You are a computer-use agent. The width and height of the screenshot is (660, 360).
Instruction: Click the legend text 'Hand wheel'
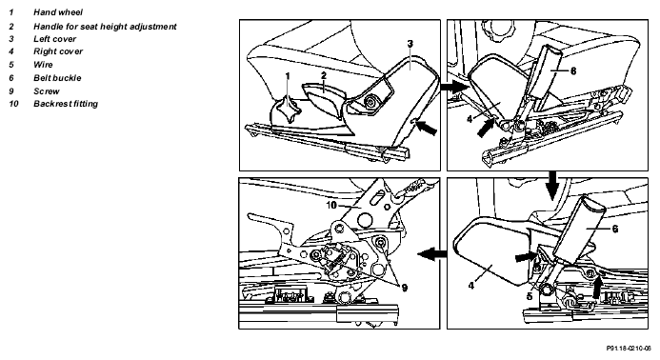[58, 12]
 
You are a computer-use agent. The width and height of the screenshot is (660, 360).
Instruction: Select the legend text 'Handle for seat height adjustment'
[105, 27]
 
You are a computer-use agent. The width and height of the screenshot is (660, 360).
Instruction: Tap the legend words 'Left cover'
[54, 39]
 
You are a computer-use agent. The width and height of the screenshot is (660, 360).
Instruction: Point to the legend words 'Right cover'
[58, 51]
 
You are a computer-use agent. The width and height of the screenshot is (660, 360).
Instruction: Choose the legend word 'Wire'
[43, 65]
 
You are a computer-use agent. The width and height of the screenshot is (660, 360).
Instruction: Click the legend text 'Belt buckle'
[57, 78]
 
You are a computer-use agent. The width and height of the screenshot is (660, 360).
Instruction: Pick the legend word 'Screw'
[47, 91]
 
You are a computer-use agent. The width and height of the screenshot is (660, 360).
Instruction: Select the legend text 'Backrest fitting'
[66, 104]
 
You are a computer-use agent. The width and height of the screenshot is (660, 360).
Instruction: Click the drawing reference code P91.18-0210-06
[629, 349]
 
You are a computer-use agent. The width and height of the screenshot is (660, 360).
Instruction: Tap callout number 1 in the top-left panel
[288, 76]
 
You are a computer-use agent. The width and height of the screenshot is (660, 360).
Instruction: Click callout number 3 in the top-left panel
[410, 44]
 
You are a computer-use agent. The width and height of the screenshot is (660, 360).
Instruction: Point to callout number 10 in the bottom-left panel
[331, 205]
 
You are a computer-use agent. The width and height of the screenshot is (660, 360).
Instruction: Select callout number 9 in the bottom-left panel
[405, 288]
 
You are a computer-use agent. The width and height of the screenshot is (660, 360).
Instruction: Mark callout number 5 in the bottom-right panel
[530, 296]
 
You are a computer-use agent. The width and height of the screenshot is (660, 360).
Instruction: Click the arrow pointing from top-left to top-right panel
[454, 88]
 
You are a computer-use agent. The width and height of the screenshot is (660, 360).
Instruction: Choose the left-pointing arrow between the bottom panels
[431, 254]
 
